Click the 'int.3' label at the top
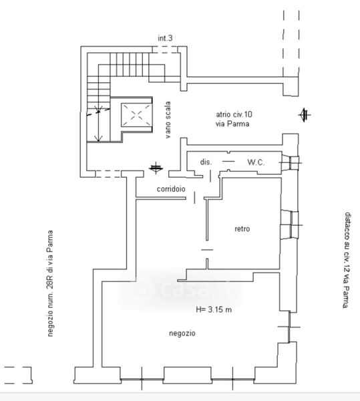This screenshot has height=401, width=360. click(x=165, y=38)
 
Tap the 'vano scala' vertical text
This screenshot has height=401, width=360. click(x=168, y=120)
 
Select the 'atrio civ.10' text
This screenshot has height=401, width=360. click(x=234, y=114)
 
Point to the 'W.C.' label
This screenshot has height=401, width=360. click(x=256, y=162)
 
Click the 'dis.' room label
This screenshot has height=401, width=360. click(x=206, y=162)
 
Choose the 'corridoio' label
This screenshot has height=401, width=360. click(x=171, y=189)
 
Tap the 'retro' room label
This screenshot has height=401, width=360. click(x=242, y=229)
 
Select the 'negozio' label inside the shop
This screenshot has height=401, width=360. click(x=182, y=333)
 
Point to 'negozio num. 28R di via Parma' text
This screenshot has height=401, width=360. click(x=50, y=283)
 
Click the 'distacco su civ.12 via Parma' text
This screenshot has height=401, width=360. click(x=346, y=260)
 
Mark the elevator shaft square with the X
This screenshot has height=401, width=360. click(x=136, y=115)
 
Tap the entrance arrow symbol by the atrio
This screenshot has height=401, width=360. click(x=305, y=115)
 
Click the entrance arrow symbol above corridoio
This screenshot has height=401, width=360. click(x=156, y=168)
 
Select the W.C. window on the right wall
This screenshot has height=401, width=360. click(x=291, y=163)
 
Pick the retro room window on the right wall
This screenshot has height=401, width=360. click(x=291, y=225)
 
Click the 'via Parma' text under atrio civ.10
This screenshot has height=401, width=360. click(x=232, y=124)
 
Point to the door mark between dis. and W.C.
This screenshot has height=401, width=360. click(x=228, y=161)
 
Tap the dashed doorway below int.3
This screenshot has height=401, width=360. click(x=165, y=49)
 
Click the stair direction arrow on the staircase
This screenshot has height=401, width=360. click(x=98, y=124)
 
